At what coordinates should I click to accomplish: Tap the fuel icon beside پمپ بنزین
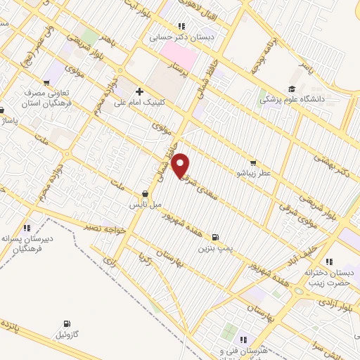[x=214, y=237]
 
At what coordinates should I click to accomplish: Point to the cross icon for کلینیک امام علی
[x=139, y=91]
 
